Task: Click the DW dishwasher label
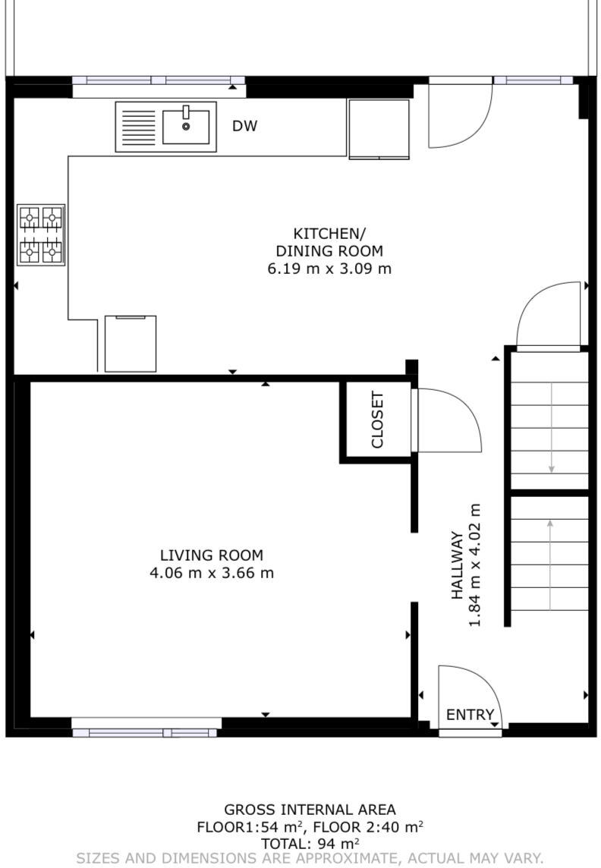click(244, 126)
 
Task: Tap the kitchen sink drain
click(186, 127)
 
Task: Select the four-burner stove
click(41, 234)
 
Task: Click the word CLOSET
click(377, 420)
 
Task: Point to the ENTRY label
click(470, 715)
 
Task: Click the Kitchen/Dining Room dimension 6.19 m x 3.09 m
click(330, 269)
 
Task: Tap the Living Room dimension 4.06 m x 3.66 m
click(212, 573)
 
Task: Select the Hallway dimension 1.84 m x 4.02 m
click(475, 565)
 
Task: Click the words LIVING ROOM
click(212, 555)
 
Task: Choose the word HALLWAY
click(457, 565)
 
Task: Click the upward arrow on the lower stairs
click(549, 564)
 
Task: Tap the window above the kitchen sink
click(159, 80)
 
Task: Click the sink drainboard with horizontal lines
click(138, 127)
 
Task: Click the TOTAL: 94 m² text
click(310, 844)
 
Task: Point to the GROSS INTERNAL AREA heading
click(310, 810)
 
